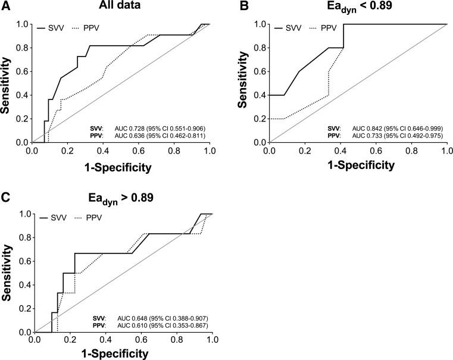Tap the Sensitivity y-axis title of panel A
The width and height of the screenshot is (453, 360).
point(7,83)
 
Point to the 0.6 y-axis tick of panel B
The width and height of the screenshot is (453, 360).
point(260,71)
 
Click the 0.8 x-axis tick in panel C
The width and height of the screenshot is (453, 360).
point(177,341)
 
